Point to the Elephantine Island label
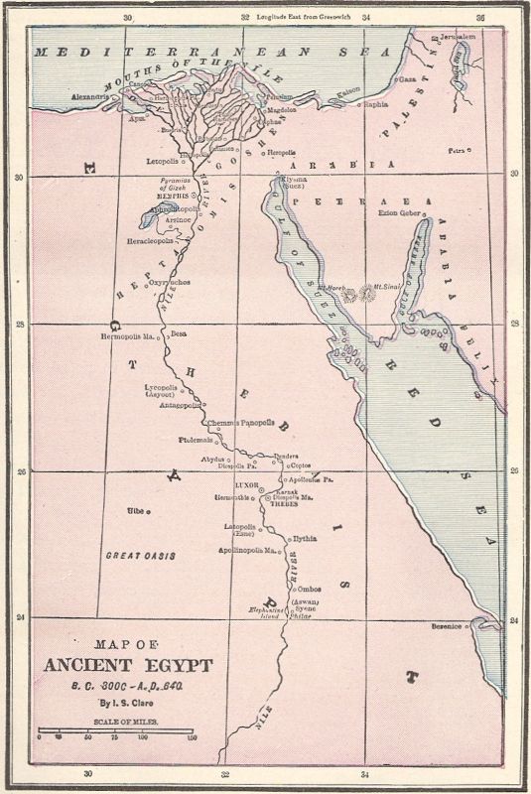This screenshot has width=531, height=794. pos(266,613)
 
